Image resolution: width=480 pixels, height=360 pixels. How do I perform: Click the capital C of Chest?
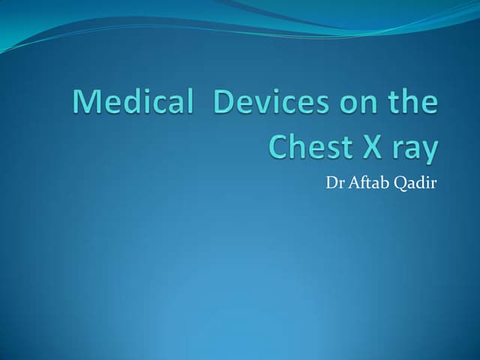click(x=279, y=147)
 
